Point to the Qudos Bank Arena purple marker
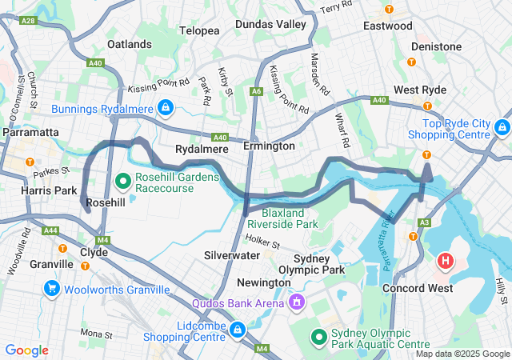[297, 303]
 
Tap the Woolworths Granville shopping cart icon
[52, 288]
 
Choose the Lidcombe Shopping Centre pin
[238, 330]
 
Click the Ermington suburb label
[269, 146]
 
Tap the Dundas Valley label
[270, 25]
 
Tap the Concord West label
[418, 287]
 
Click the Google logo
[26, 350]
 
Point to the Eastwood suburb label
[388, 26]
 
